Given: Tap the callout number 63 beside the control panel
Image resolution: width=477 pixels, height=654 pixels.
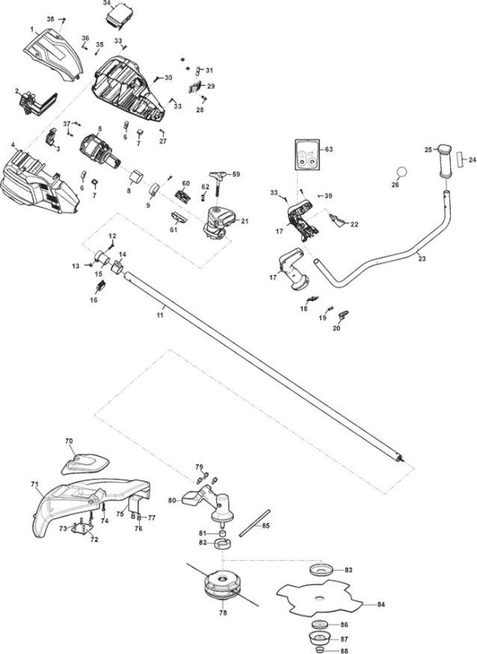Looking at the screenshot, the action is click(328, 150).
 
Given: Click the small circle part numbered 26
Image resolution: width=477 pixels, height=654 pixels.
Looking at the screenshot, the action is click(402, 172).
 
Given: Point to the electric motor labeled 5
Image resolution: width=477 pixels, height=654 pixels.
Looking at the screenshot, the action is click(100, 151).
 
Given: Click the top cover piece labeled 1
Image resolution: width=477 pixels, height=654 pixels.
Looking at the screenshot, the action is click(52, 53).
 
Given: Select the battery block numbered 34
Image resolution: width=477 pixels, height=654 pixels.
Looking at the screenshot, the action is click(119, 16).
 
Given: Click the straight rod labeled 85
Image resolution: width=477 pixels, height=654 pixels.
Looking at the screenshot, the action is click(254, 523).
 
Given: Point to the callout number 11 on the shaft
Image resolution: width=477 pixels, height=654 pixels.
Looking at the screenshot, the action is click(160, 315).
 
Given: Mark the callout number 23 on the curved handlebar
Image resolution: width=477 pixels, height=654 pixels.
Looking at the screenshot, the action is click(422, 258).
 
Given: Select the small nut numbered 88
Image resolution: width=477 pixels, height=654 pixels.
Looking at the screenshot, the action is click(320, 650).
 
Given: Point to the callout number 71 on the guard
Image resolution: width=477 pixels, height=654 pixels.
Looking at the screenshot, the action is click(34, 484).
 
